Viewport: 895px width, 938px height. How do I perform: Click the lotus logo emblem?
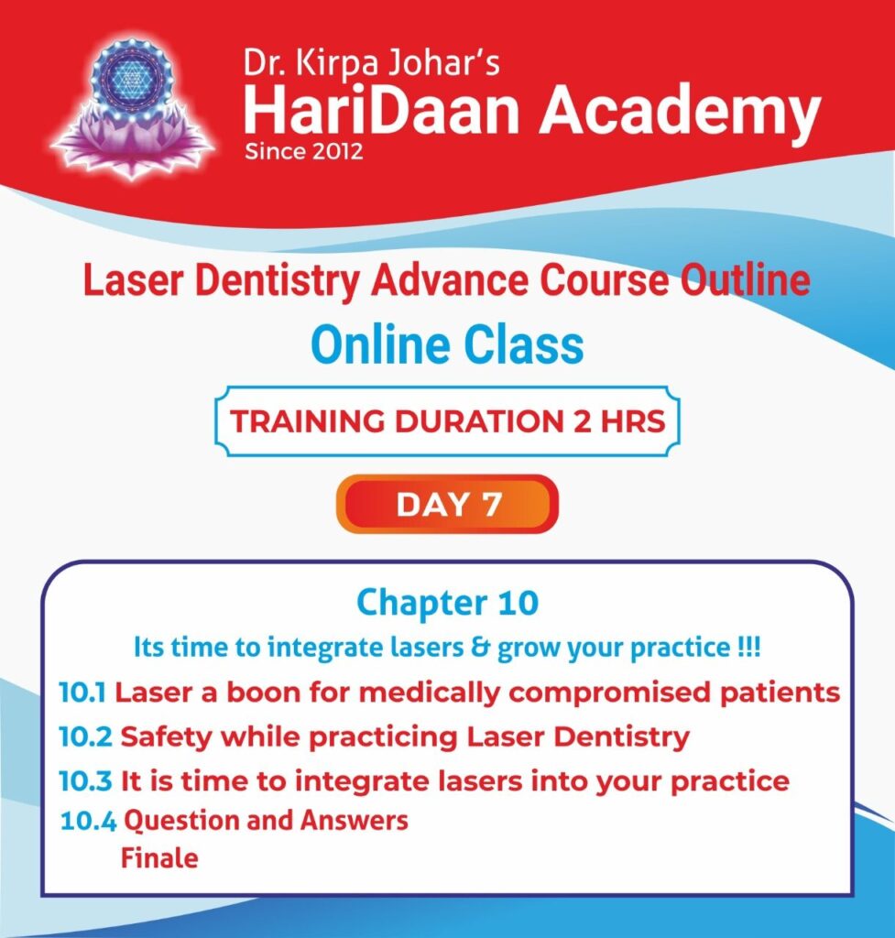pos(132,108)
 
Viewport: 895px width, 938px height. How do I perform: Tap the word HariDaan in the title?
pos(381,110)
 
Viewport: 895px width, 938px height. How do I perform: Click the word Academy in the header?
pos(679,114)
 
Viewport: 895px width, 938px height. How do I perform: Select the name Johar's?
pos(444,63)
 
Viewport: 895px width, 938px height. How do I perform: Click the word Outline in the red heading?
pos(745,279)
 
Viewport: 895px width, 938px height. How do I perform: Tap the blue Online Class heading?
pos(447,344)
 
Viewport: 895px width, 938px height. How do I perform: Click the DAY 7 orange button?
pos(447,504)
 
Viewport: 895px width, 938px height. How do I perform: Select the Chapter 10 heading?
pos(447,603)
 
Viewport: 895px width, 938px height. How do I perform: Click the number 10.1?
pos(82,693)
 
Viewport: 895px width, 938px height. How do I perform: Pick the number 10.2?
pos(85,736)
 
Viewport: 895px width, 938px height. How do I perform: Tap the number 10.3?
pos(85,780)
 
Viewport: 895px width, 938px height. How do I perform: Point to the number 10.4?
pos(89,821)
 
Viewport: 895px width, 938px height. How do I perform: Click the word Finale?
pos(159,857)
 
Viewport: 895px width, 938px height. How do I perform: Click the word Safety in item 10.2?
pos(167,737)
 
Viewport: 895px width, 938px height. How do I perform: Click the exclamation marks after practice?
pos(749,647)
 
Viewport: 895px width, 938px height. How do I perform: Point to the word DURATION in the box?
pos(479,421)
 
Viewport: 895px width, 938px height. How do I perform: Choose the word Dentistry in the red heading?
pos(278,281)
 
